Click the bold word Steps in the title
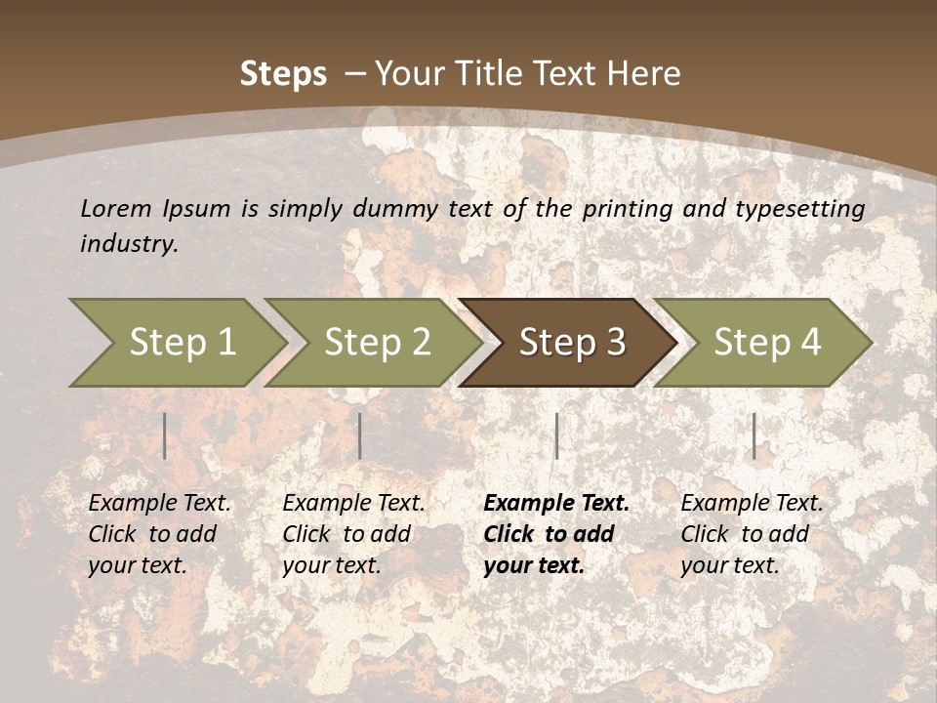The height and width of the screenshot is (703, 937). tap(283, 74)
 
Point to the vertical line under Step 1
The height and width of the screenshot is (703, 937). tap(165, 435)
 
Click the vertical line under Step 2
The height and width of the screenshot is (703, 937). tap(360, 435)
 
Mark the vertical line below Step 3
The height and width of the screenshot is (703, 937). tap(556, 435)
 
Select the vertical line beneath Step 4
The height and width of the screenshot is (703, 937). tap(754, 435)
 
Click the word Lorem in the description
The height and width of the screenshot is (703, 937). tap(116, 208)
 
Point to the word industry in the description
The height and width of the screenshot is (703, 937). tap(129, 244)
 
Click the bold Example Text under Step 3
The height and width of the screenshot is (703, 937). tap(556, 504)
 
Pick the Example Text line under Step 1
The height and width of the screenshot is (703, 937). tap(160, 504)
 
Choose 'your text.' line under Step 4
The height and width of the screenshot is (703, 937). tap(730, 566)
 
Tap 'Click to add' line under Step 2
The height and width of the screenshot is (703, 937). tap(346, 535)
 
